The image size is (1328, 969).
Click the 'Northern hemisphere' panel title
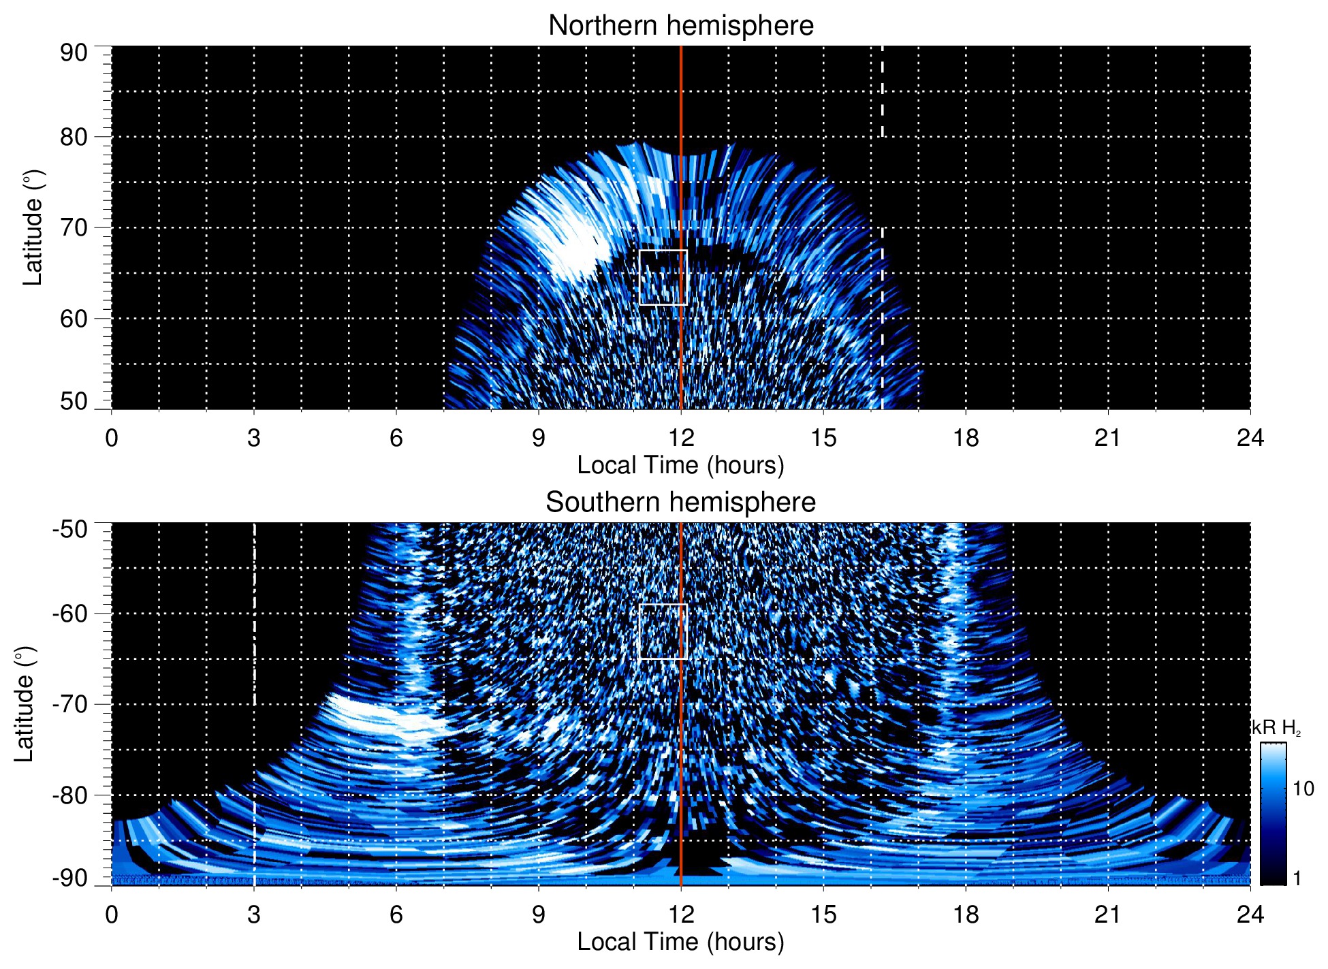(680, 26)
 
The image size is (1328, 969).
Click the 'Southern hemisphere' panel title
(680, 503)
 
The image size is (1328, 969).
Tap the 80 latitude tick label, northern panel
(74, 137)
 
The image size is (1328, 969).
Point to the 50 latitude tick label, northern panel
(74, 401)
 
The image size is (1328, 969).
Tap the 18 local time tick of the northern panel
(966, 438)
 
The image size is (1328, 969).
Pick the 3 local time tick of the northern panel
(254, 438)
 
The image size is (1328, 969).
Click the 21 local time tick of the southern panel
(1108, 914)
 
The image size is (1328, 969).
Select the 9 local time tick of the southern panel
(539, 914)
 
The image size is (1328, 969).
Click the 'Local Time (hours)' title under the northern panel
(680, 465)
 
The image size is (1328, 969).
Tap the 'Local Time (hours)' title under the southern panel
(680, 942)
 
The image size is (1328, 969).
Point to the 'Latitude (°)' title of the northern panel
(33, 228)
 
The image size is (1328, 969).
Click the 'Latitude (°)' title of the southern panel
(25, 704)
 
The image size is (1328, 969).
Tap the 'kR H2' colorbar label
(1276, 728)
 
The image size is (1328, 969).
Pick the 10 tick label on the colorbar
(1303, 789)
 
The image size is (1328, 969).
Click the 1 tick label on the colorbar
(1297, 878)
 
